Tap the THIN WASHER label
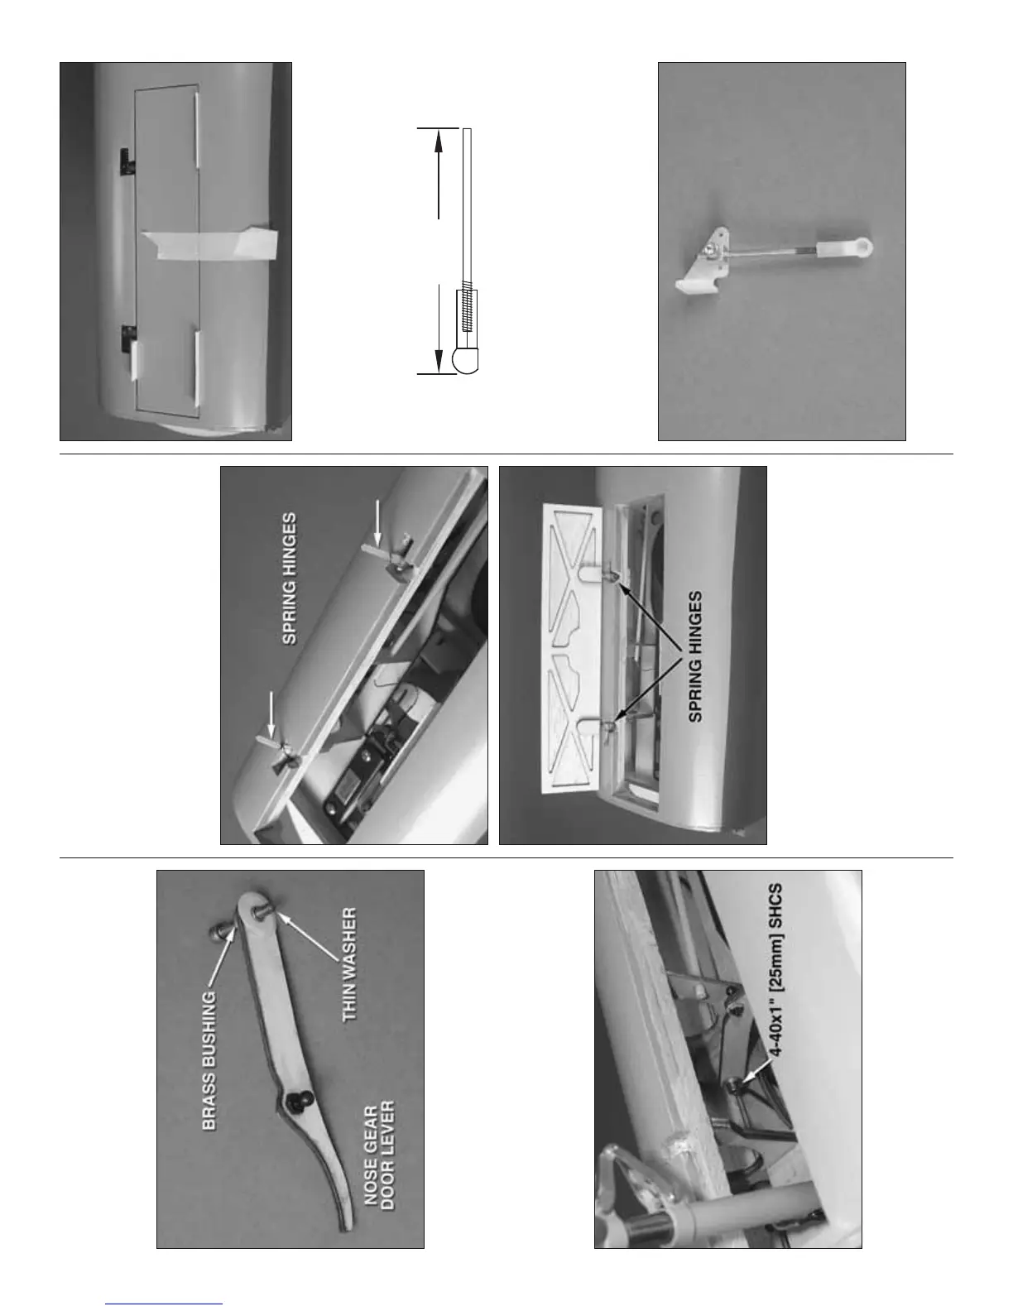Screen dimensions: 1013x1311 point(350,964)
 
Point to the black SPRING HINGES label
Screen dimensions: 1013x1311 point(696,656)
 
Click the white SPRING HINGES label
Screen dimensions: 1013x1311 point(290,579)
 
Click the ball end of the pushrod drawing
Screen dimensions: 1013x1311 point(465,360)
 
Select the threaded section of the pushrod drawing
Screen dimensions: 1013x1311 point(466,308)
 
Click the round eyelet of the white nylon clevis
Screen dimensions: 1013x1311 point(865,246)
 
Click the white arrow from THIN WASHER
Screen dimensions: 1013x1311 point(309,938)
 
